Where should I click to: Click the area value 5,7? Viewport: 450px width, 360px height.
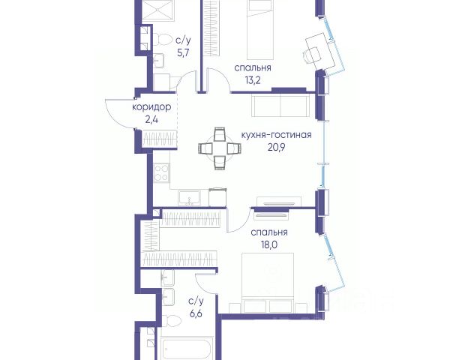tap(184, 53)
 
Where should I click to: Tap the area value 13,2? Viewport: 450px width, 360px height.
tap(253, 81)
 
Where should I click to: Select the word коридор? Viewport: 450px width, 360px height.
tap(151, 107)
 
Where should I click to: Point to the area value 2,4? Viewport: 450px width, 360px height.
tap(151, 120)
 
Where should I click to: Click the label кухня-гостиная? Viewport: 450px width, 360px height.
tap(276, 135)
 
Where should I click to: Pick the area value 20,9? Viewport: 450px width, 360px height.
tap(276, 148)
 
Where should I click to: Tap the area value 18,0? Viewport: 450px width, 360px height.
tap(269, 245)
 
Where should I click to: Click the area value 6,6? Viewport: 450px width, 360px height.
tap(196, 313)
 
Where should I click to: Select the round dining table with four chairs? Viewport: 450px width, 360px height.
tap(220, 148)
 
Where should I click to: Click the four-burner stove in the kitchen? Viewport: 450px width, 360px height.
tap(161, 172)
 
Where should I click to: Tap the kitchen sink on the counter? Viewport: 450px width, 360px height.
tap(189, 198)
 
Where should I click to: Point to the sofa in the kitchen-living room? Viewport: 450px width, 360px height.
tap(280, 106)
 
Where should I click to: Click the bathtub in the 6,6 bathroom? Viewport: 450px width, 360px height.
tap(187, 349)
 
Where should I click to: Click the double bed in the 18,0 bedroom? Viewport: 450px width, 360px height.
tap(268, 283)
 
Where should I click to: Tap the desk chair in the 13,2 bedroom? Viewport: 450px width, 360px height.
tap(312, 55)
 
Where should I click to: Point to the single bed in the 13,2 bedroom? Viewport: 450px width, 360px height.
tap(260, 29)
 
